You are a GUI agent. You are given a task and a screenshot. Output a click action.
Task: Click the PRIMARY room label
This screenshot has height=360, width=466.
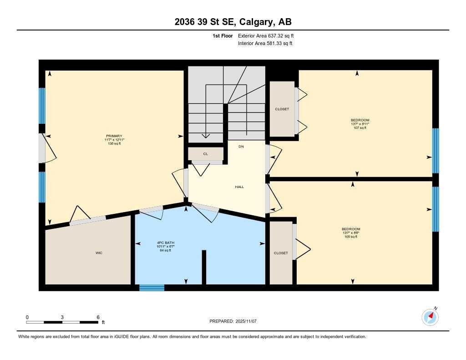pyautogui.click(x=114, y=136)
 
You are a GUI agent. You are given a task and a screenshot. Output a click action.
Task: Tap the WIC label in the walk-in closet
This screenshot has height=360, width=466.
pyautogui.click(x=99, y=253)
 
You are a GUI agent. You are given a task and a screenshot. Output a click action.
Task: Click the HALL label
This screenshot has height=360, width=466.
pyautogui.click(x=239, y=187)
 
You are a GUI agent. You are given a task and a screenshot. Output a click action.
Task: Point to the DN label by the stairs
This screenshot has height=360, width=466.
pyautogui.click(x=241, y=147)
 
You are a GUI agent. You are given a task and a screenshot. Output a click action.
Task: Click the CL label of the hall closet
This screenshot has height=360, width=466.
pyautogui.click(x=206, y=154)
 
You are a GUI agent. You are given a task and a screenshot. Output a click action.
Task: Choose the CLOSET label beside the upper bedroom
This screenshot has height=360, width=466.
pyautogui.click(x=282, y=109)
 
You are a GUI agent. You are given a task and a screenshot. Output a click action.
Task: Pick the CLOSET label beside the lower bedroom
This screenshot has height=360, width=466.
pyautogui.click(x=281, y=253)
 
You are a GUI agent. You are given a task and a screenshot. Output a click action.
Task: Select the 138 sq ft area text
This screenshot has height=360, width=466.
pyautogui.click(x=114, y=144)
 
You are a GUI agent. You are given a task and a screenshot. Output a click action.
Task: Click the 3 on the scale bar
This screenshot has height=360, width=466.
pyautogui.click(x=62, y=317)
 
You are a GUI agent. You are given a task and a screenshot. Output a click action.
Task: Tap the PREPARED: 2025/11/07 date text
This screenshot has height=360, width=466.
pyautogui.click(x=233, y=321)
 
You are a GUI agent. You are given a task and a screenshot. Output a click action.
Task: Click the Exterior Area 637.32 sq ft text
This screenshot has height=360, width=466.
pyautogui.click(x=268, y=35)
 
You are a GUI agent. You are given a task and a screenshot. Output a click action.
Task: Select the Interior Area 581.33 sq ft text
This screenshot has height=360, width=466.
pyautogui.click(x=265, y=44)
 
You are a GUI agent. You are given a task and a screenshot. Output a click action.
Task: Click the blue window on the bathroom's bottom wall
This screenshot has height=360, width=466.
pyautogui.click(x=152, y=288)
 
